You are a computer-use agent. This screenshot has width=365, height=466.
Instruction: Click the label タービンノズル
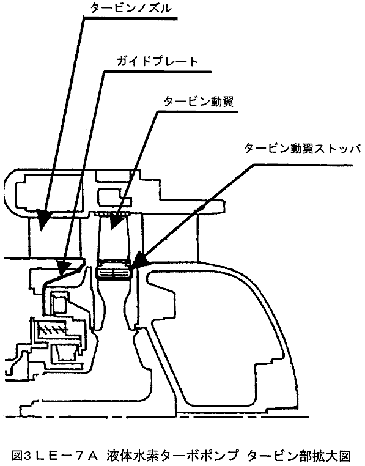pyautogui.click(x=131, y=8)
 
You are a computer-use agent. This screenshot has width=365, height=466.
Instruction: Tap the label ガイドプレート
pyautogui.click(x=158, y=61)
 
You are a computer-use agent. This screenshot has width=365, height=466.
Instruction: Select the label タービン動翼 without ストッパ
pyautogui.click(x=199, y=102)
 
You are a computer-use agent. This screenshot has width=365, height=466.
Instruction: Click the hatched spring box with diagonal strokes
pyautogui.click(x=51, y=329)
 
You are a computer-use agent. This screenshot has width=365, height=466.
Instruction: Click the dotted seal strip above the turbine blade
pyautogui.click(x=112, y=213)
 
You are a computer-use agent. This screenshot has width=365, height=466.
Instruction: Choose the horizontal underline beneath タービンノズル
pyautogui.click(x=130, y=19)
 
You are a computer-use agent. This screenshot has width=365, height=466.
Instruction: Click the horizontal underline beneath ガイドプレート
pyautogui.click(x=157, y=72)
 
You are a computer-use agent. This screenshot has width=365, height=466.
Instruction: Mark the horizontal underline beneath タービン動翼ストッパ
pyautogui.click(x=303, y=165)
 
